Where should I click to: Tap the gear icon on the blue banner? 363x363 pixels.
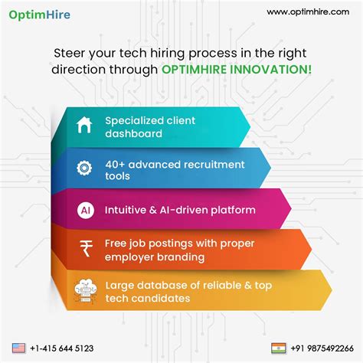[x=85, y=168]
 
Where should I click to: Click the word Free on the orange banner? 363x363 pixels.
[x=117, y=244]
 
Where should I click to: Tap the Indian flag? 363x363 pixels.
[x=279, y=348]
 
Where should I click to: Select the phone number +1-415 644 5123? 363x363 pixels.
[x=63, y=348]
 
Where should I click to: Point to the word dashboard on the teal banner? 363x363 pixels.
[x=133, y=133]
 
